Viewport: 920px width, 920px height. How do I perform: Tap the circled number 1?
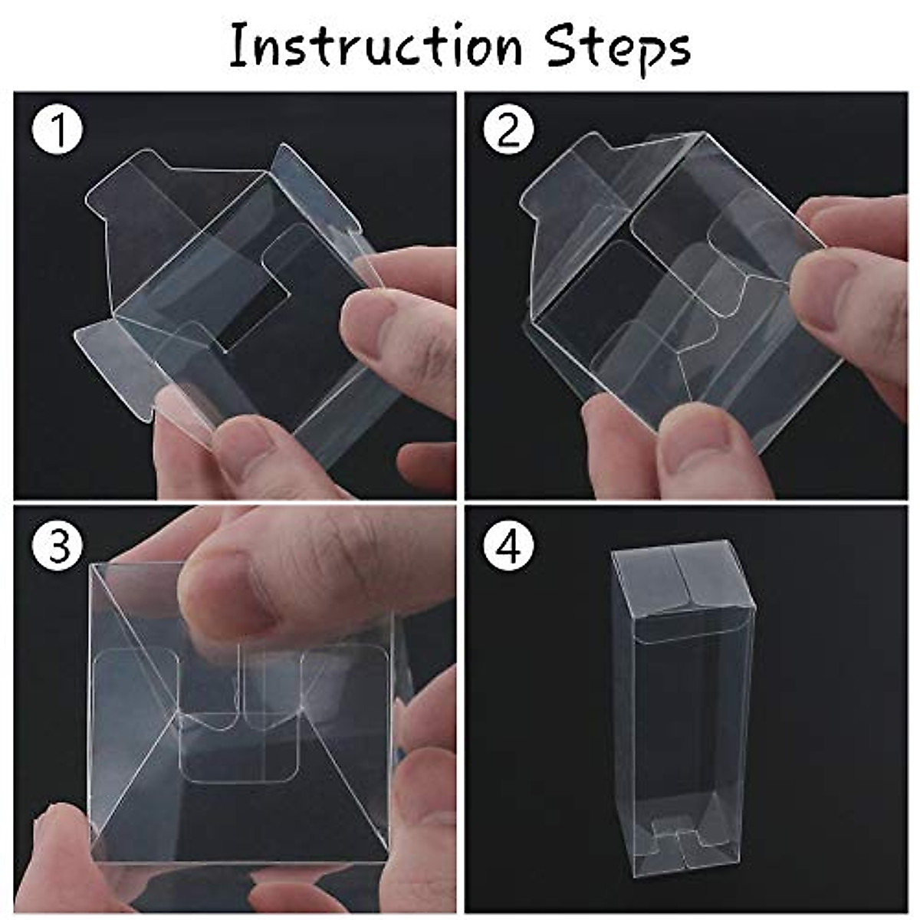point(57,131)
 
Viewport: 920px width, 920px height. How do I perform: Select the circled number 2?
point(508,131)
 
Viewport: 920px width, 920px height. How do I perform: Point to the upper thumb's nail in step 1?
point(368,322)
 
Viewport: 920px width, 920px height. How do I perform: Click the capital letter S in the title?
point(563,46)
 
